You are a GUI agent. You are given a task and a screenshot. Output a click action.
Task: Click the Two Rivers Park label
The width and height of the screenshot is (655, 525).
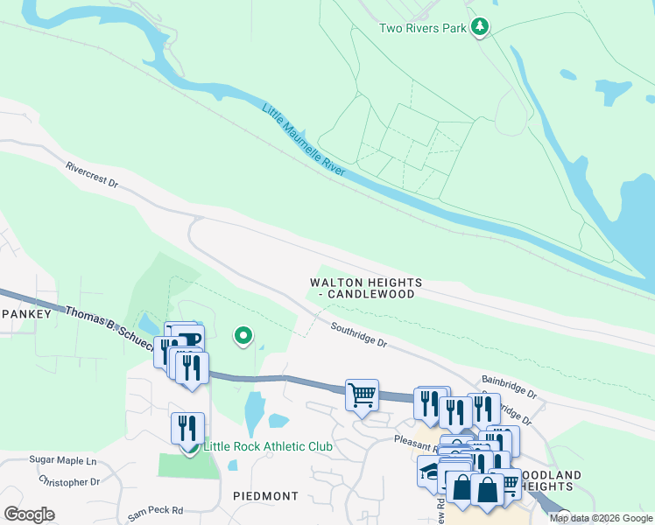point(422,28)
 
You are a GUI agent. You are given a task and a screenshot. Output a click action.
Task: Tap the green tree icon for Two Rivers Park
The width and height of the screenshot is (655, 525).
point(479,28)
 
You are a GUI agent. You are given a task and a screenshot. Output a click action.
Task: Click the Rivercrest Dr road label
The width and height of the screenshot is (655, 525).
point(92,173)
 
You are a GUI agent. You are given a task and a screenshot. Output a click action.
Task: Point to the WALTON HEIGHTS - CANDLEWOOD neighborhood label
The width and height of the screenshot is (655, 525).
point(366,288)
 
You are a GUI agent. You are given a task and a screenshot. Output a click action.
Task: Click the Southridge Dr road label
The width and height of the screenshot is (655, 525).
point(358,336)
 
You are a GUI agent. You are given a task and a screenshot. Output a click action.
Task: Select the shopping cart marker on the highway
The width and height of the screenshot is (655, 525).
point(362,395)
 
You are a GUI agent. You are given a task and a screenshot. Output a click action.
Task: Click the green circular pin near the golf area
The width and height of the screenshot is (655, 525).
point(243,335)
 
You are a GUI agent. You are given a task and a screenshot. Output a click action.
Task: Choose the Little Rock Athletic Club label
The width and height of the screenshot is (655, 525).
point(268,446)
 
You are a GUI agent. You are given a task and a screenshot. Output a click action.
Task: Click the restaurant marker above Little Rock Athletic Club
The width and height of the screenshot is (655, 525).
point(188,428)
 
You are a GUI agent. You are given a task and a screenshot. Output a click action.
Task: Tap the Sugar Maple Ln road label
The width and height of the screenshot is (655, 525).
point(62,460)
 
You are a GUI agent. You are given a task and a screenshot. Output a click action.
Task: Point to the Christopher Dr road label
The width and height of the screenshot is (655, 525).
point(70,482)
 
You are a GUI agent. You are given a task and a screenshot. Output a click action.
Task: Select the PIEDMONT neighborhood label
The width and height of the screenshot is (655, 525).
point(266,495)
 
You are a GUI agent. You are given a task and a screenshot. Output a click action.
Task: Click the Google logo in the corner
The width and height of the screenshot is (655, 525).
point(29,514)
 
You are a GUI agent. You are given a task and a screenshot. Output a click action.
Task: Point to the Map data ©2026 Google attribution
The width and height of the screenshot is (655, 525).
point(600,518)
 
